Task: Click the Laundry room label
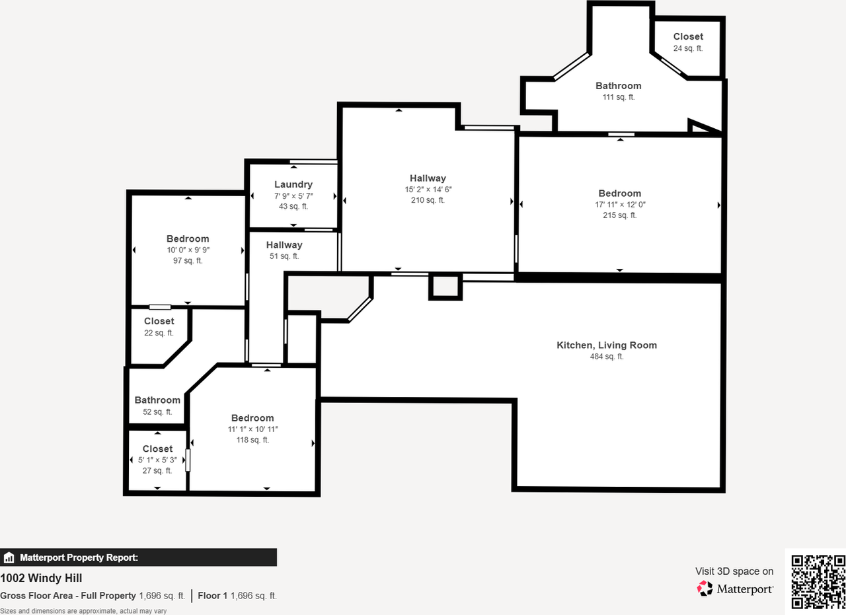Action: [x=293, y=184]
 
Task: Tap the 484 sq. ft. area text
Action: [x=607, y=357]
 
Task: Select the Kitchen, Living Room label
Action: [x=607, y=345]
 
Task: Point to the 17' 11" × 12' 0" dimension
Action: [x=620, y=204]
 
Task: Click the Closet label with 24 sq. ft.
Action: [x=688, y=37]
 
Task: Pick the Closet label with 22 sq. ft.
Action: [x=159, y=322]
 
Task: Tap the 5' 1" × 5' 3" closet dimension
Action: [x=157, y=460]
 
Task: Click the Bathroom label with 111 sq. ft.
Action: [x=619, y=86]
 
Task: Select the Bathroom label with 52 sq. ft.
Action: [x=157, y=400]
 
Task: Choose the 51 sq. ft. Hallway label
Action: [x=284, y=245]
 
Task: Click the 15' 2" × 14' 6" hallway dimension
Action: [x=428, y=189]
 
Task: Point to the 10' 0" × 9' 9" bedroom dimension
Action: [x=188, y=250]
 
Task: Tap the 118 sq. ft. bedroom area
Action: [x=252, y=440]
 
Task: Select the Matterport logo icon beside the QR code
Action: [x=705, y=588]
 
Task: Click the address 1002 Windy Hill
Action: [x=41, y=579]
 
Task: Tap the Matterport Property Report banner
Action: [x=138, y=558]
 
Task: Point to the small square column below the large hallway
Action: [x=445, y=287]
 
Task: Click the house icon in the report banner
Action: [x=9, y=558]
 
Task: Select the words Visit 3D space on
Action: [x=734, y=571]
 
